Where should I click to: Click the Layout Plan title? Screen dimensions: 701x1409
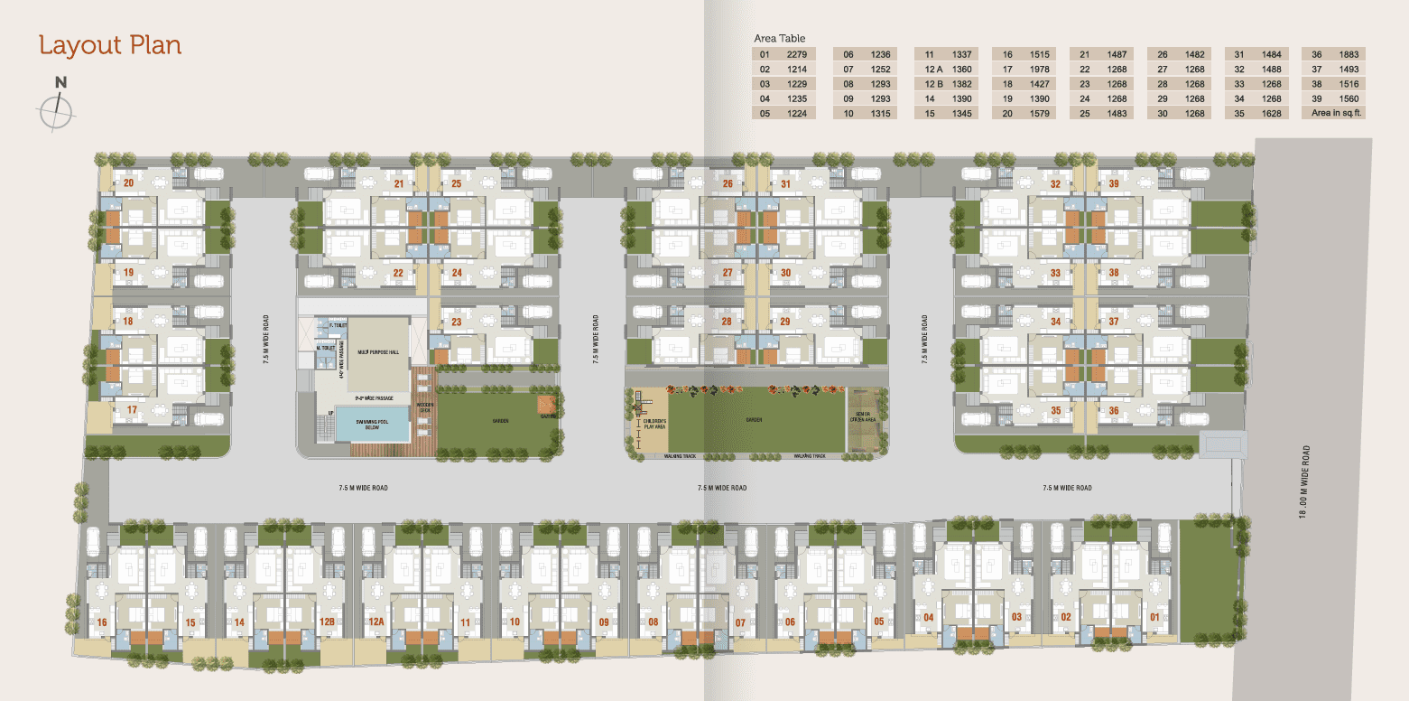click(110, 45)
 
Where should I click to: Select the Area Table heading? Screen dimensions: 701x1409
click(779, 39)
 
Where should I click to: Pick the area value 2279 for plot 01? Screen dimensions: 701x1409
click(796, 54)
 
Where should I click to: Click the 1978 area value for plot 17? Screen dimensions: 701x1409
click(1040, 70)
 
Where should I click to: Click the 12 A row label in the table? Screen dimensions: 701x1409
click(933, 70)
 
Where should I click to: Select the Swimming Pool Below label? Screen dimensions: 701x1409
click(371, 424)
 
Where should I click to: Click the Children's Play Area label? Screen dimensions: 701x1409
click(654, 425)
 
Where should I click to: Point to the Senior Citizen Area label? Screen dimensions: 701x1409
click(867, 417)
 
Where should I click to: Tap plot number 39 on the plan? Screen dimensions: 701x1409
click(1114, 184)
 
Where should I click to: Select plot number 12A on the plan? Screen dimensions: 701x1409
click(376, 622)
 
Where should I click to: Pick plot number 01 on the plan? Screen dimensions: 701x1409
click(1154, 618)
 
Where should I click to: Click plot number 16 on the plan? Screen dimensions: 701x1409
click(102, 623)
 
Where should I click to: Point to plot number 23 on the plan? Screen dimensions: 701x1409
click(456, 322)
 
